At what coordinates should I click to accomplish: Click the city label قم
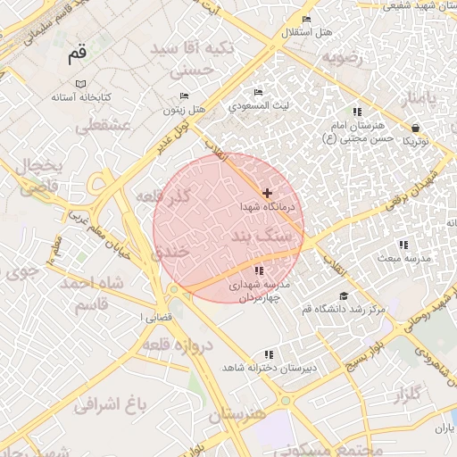tap(78, 54)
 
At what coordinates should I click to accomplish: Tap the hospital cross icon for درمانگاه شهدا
tap(267, 193)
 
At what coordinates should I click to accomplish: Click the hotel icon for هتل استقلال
tap(306, 20)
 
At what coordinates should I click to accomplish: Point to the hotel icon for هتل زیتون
tap(184, 96)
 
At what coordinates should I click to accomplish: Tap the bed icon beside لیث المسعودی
tap(258, 92)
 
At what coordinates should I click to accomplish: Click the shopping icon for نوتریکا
tap(415, 127)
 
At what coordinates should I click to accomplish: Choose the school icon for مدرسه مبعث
tap(403, 245)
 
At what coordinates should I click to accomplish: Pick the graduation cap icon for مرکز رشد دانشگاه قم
tap(344, 296)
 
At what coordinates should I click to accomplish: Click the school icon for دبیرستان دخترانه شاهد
tap(269, 354)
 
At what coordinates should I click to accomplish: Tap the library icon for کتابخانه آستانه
tap(81, 83)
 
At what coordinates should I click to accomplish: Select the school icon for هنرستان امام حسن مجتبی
tap(356, 112)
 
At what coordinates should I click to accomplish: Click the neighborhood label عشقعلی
tap(103, 128)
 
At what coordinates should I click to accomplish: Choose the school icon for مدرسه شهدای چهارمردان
tap(259, 270)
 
